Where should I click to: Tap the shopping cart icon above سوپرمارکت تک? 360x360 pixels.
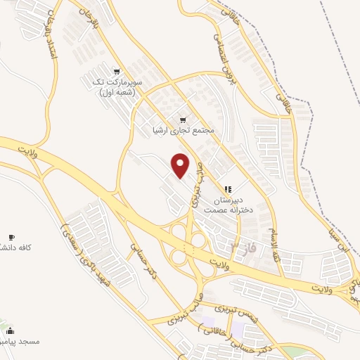(117, 71)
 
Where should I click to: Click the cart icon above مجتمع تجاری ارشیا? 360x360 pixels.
(184, 120)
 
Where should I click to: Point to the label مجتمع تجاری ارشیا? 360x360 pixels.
(182, 131)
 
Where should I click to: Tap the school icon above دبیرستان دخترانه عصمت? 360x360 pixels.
(227, 188)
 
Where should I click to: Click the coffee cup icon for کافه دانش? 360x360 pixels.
(11, 237)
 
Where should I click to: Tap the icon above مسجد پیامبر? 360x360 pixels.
(9, 330)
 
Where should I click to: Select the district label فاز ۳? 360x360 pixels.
(243, 247)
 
